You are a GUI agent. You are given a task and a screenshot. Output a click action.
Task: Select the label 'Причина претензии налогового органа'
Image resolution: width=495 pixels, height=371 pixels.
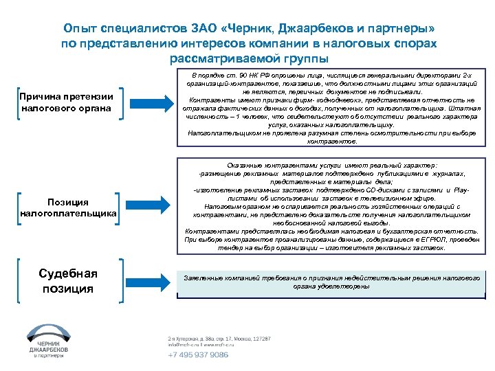(65, 102)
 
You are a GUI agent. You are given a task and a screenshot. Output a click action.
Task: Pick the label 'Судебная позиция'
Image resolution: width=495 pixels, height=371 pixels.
(68, 281)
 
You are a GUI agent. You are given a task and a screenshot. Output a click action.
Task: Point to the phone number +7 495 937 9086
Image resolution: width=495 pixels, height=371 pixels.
(199, 355)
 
